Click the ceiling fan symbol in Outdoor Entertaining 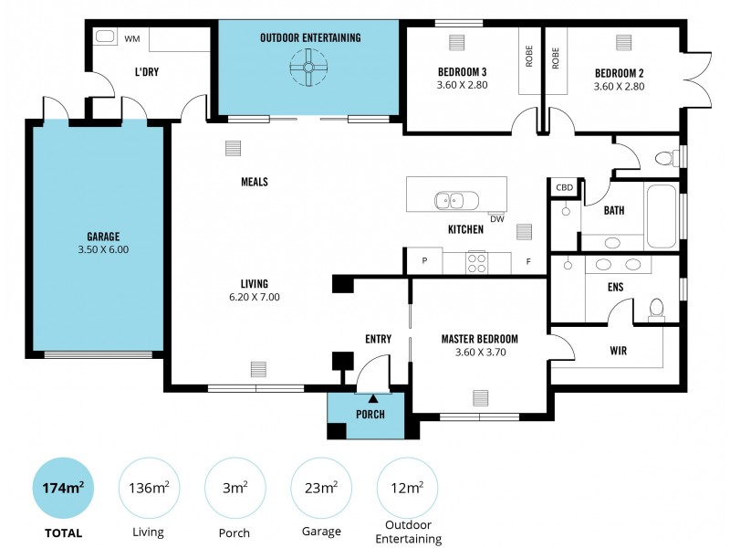click(x=309, y=67)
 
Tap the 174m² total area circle click(x=62, y=488)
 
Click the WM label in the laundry click(x=131, y=38)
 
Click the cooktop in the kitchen click(x=476, y=263)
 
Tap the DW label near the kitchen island click(x=496, y=218)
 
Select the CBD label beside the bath click(x=564, y=187)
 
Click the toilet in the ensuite click(x=655, y=308)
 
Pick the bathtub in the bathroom click(x=661, y=216)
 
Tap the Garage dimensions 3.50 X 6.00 click(x=98, y=249)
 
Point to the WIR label click(x=617, y=350)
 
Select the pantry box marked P click(x=423, y=261)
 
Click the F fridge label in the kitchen click(x=527, y=261)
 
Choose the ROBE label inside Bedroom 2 click(x=555, y=58)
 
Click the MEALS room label click(x=254, y=182)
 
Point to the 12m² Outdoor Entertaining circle click(x=407, y=488)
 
